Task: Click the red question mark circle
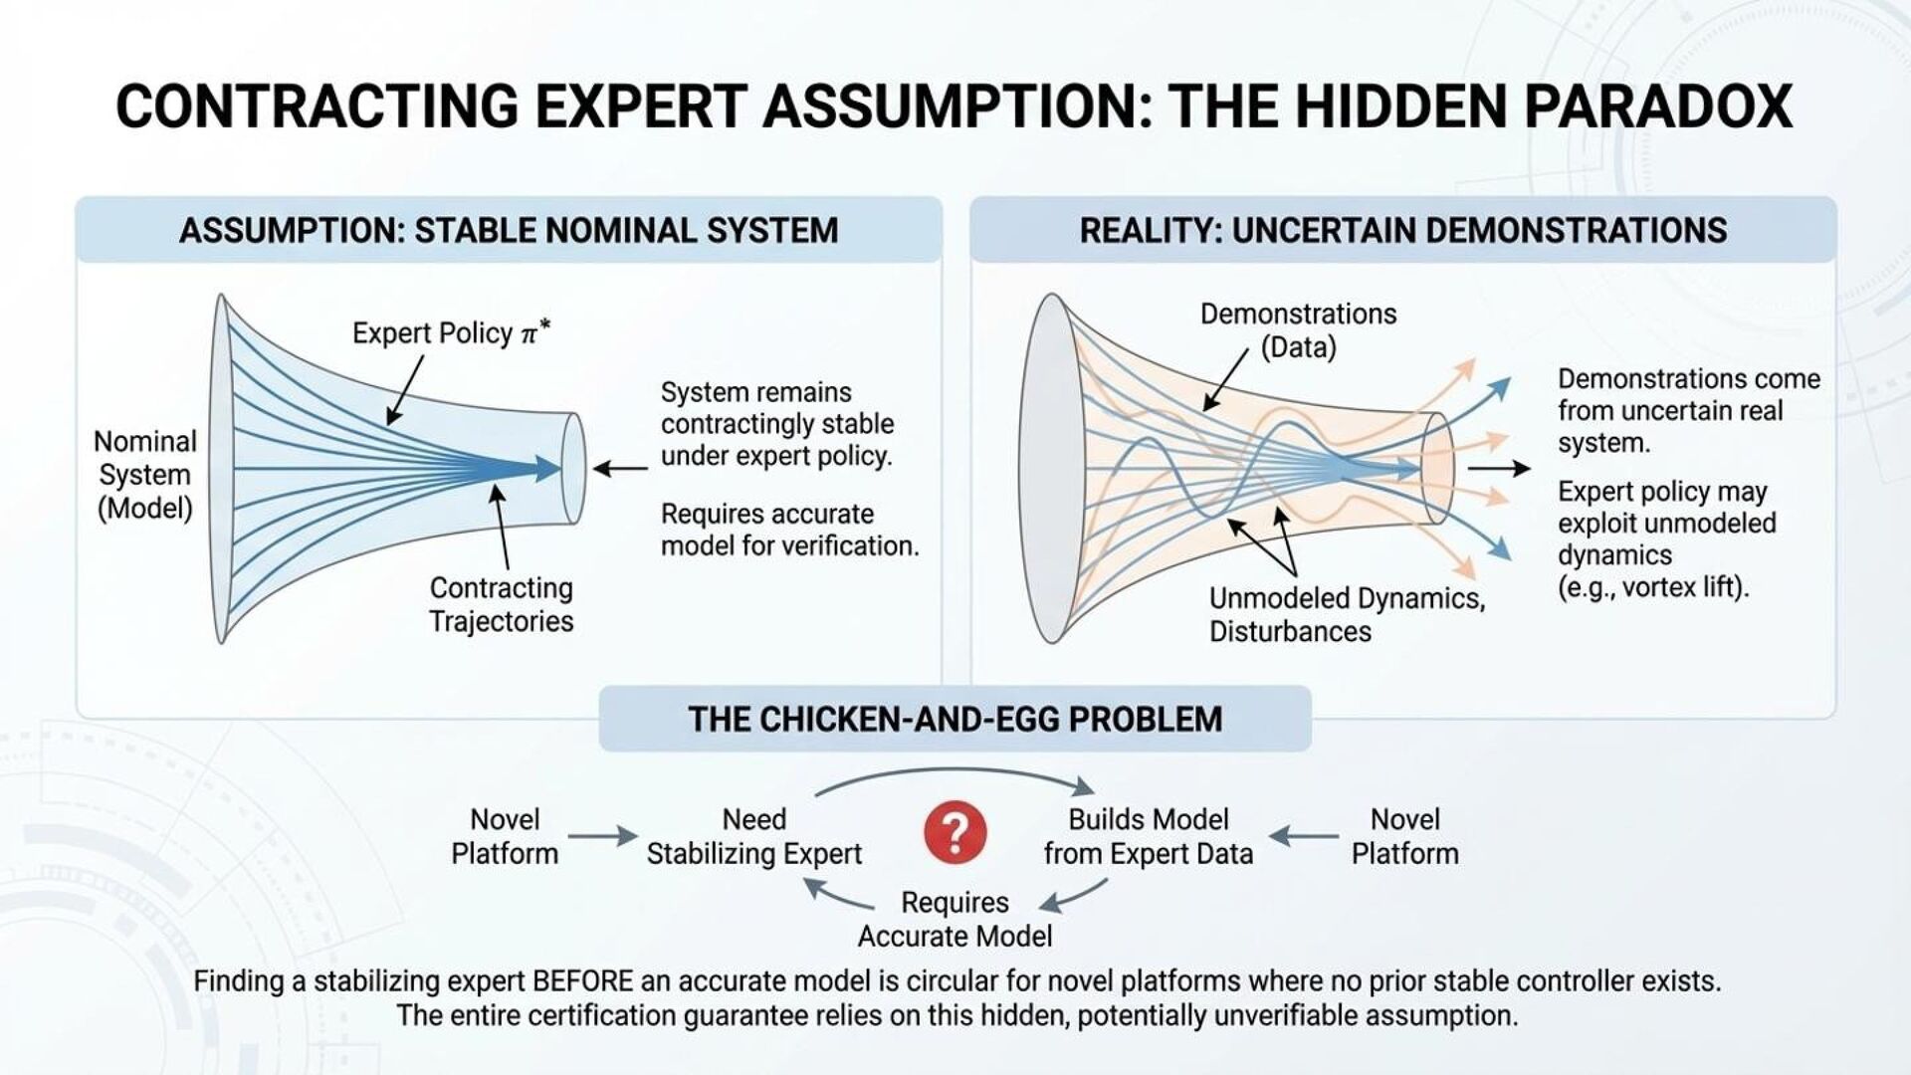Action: tap(955, 833)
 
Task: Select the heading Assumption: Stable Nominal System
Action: tap(509, 231)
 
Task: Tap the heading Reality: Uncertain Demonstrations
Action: tap(1402, 231)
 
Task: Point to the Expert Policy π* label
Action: tap(451, 332)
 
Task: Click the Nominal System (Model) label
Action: tap(145, 475)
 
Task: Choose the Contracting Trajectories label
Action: tap(502, 604)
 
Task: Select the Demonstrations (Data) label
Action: tap(1298, 330)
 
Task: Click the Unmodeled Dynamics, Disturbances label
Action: tap(1346, 614)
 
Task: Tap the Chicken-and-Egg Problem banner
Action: tap(955, 719)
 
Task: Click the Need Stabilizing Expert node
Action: tap(753, 836)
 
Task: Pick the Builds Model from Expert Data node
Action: tap(1148, 836)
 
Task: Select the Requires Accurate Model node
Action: tap(955, 919)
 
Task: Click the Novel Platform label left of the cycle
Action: tap(505, 836)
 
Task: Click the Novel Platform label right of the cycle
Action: tap(1404, 836)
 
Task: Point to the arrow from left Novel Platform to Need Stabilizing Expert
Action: tap(601, 837)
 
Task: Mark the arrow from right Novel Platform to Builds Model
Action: tap(1303, 837)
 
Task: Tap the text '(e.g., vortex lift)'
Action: tap(1652, 587)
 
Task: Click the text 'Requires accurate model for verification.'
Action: tap(789, 530)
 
